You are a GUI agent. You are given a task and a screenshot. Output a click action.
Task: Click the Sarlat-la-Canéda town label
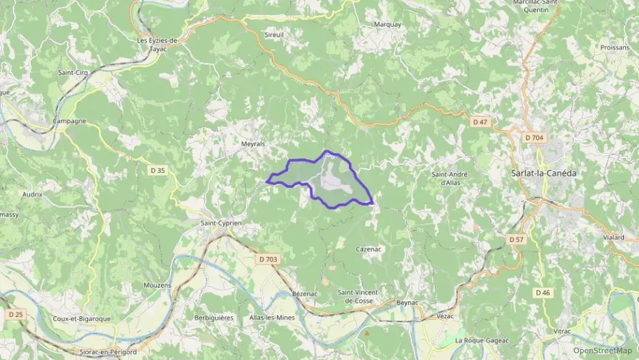[x=543, y=174]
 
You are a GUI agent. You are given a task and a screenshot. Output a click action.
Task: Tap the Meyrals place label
[x=253, y=144]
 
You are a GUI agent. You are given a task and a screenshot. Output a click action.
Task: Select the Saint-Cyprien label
[x=221, y=223]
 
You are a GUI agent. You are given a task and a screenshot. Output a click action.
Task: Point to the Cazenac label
[x=368, y=249]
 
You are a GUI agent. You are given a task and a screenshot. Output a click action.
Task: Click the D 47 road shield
[x=481, y=122]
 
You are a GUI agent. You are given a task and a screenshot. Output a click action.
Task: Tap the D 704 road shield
[x=534, y=138]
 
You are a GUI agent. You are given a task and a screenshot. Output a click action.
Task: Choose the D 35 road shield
[x=157, y=170]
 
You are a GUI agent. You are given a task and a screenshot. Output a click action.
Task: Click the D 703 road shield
[x=269, y=259]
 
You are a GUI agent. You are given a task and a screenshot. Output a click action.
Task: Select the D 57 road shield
[x=516, y=240]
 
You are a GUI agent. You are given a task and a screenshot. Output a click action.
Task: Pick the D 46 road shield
[x=543, y=292]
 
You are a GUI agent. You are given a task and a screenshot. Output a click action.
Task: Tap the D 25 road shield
[x=15, y=314]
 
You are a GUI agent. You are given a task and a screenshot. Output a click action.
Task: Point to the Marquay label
[x=387, y=25]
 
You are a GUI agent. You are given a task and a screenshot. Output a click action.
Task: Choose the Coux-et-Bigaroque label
[x=81, y=318]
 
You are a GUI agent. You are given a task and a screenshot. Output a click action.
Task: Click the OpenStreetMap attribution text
[x=602, y=350]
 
